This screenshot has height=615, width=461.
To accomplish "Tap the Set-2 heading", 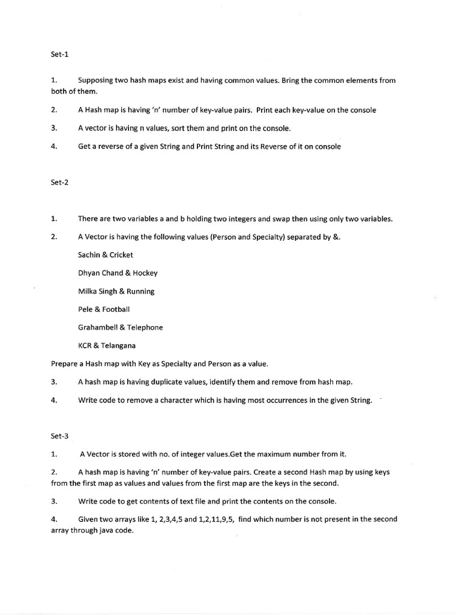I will tap(60, 183).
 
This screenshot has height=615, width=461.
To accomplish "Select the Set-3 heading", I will tap(60, 436).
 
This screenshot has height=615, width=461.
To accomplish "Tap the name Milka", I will tap(88, 291).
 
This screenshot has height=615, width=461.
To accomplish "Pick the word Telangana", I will tap(118, 345).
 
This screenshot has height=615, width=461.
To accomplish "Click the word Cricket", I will tap(121, 255).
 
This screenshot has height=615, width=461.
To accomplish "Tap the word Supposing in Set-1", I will tap(97, 80).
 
